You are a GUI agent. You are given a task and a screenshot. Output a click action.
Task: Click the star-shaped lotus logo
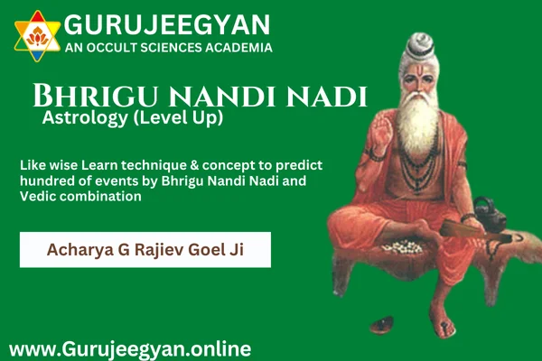click(37, 36)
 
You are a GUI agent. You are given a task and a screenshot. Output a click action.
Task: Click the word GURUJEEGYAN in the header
click(167, 24)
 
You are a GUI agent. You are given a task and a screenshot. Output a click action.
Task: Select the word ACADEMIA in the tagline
click(238, 48)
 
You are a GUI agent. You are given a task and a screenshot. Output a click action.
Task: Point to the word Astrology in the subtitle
click(85, 118)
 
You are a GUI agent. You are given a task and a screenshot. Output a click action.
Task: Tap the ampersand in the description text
click(194, 165)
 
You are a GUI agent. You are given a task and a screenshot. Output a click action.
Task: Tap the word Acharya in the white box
click(80, 250)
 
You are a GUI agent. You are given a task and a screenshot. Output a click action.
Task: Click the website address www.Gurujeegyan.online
click(130, 349)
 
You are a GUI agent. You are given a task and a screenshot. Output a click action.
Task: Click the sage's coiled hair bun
click(420, 44)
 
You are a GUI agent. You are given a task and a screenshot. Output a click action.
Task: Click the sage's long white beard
click(417, 121)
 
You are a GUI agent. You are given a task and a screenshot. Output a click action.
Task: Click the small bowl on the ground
click(382, 325)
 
